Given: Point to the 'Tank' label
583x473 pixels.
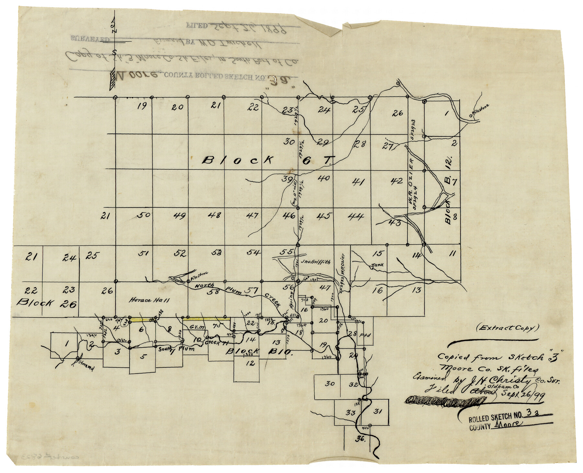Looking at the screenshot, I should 377,265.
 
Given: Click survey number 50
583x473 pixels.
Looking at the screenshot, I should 144,215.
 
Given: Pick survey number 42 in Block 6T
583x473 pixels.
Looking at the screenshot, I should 396,181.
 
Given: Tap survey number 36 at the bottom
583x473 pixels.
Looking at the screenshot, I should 360,439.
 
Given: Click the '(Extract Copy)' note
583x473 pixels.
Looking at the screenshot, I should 508,328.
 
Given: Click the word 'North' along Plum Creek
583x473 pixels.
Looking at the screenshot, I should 204,286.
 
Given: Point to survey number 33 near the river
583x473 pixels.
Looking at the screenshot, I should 350,413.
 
